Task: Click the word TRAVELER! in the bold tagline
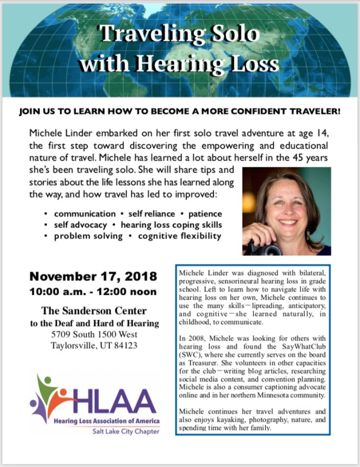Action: (311, 112)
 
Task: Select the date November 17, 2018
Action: (93, 276)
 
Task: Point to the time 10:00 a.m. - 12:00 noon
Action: (93, 291)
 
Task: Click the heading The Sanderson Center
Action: (93, 312)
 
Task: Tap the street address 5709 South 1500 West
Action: (93, 334)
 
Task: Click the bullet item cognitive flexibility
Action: (180, 236)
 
